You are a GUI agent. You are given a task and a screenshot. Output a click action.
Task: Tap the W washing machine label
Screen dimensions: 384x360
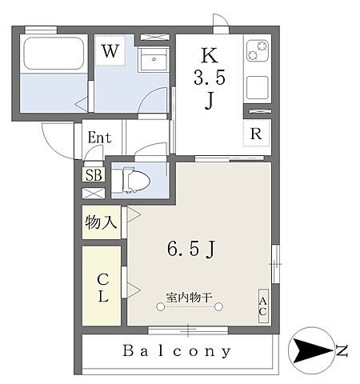coord(110,51)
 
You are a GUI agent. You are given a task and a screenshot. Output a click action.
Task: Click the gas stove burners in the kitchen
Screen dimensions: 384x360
coord(256,53)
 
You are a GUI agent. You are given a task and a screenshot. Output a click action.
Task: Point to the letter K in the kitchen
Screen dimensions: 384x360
coord(209,55)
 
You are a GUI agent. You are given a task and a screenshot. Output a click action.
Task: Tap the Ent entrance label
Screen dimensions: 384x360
coord(98,137)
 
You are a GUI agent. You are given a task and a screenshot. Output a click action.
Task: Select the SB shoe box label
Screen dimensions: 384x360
coord(94,174)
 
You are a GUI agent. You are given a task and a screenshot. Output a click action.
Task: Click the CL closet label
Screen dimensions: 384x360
coord(103,288)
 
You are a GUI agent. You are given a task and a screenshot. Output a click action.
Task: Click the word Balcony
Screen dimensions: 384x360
coord(178,350)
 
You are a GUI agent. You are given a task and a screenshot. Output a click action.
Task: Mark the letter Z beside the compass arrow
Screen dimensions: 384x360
coord(342,350)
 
